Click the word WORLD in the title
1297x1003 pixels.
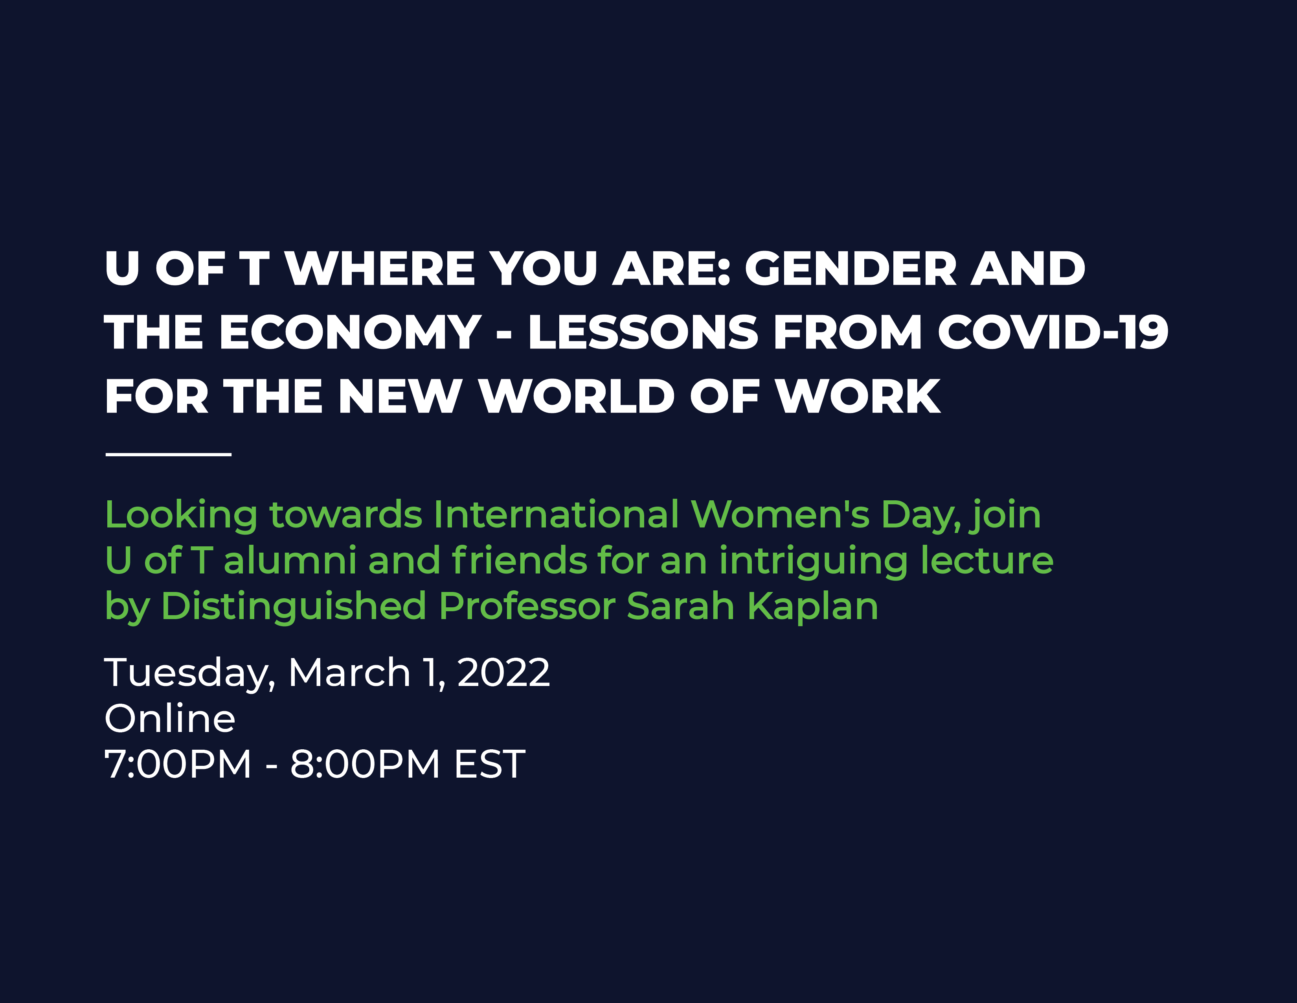tap(578, 396)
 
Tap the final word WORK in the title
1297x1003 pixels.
tap(859, 396)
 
